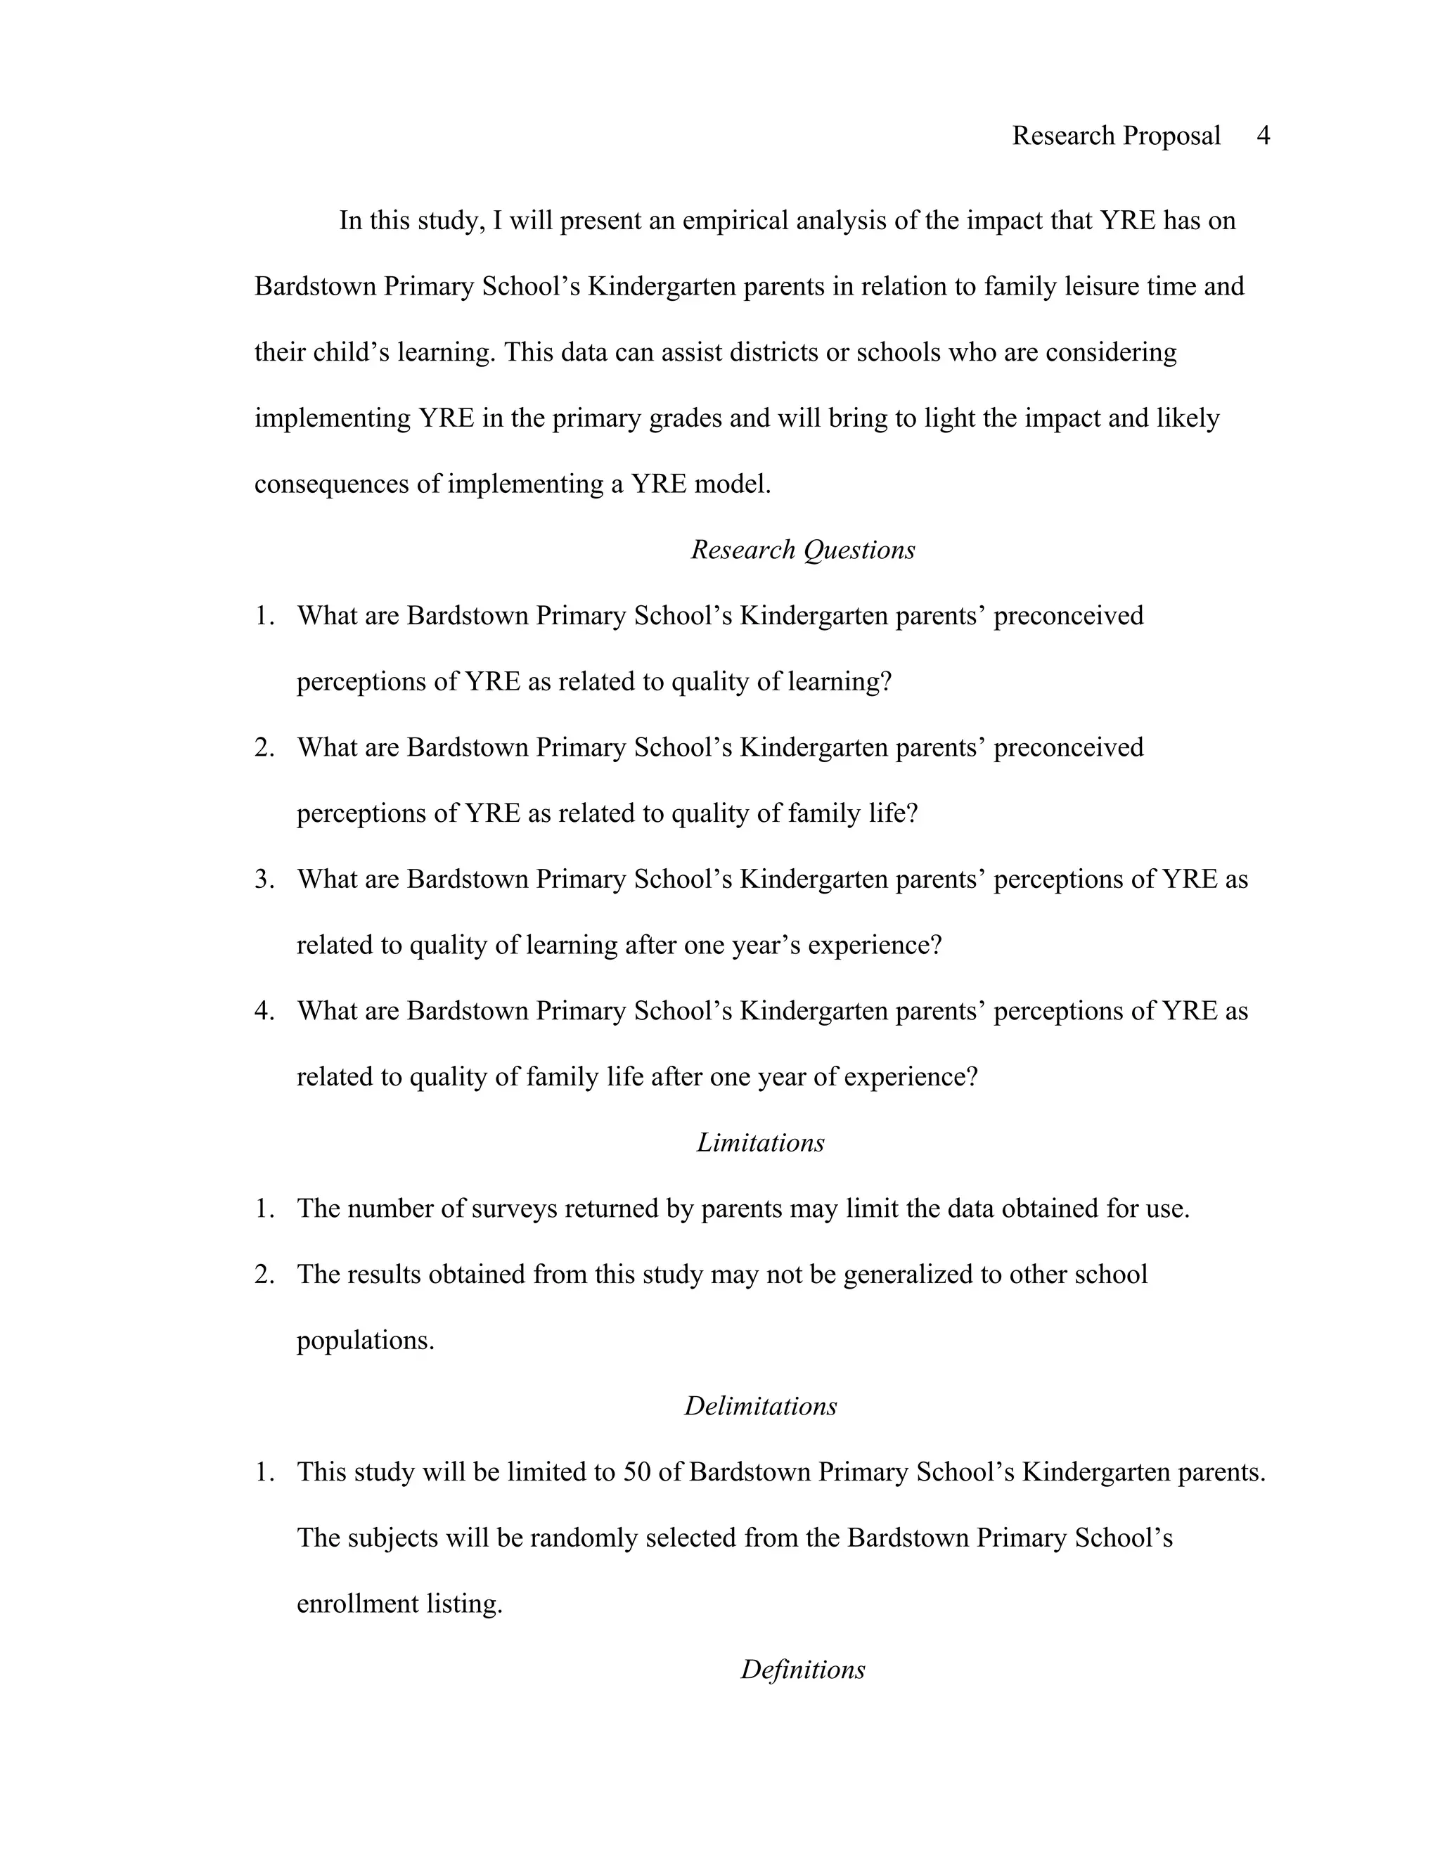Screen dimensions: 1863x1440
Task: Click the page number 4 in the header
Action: click(x=1263, y=136)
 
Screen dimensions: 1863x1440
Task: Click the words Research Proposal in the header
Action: click(x=1116, y=136)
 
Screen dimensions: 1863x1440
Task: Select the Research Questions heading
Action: click(x=802, y=549)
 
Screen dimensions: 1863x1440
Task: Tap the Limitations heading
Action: click(x=760, y=1142)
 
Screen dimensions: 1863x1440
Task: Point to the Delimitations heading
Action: click(x=760, y=1406)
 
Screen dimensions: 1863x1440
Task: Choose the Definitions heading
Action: click(x=802, y=1670)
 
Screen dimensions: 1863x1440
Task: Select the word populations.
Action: click(x=365, y=1341)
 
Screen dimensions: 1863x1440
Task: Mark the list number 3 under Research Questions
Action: click(x=263, y=879)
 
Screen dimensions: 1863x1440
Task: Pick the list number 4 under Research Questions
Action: click(x=263, y=1011)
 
